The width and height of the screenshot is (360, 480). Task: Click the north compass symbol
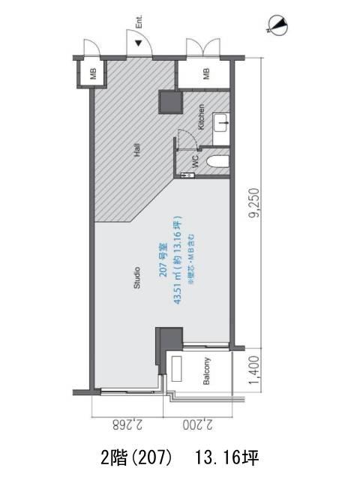[x=277, y=25]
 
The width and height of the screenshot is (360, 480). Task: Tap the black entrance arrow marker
[x=138, y=43]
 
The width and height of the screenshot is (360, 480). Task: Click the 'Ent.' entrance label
[x=139, y=22]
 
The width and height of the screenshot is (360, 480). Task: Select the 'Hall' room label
[x=136, y=150]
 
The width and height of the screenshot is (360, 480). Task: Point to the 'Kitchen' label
[x=201, y=117]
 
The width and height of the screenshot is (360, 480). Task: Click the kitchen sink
[x=221, y=123]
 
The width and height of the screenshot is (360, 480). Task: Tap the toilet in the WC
[x=218, y=161]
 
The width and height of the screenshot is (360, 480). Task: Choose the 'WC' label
[x=195, y=161]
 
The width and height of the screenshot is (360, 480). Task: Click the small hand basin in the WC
[x=187, y=175]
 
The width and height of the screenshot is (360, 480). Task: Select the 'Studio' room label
[x=136, y=277]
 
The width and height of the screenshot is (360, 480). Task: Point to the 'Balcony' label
[x=207, y=371]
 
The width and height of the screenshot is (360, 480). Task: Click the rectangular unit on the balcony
[x=177, y=369]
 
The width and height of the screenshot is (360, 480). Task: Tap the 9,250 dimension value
[x=254, y=202]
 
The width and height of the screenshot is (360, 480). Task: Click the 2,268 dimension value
[x=127, y=425]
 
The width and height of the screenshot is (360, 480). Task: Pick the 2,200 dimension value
[x=198, y=425]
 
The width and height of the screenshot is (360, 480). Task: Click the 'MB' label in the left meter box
[x=93, y=73]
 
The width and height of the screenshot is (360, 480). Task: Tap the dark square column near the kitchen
[x=170, y=102]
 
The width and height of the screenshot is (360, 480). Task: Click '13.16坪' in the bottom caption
[x=226, y=457]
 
